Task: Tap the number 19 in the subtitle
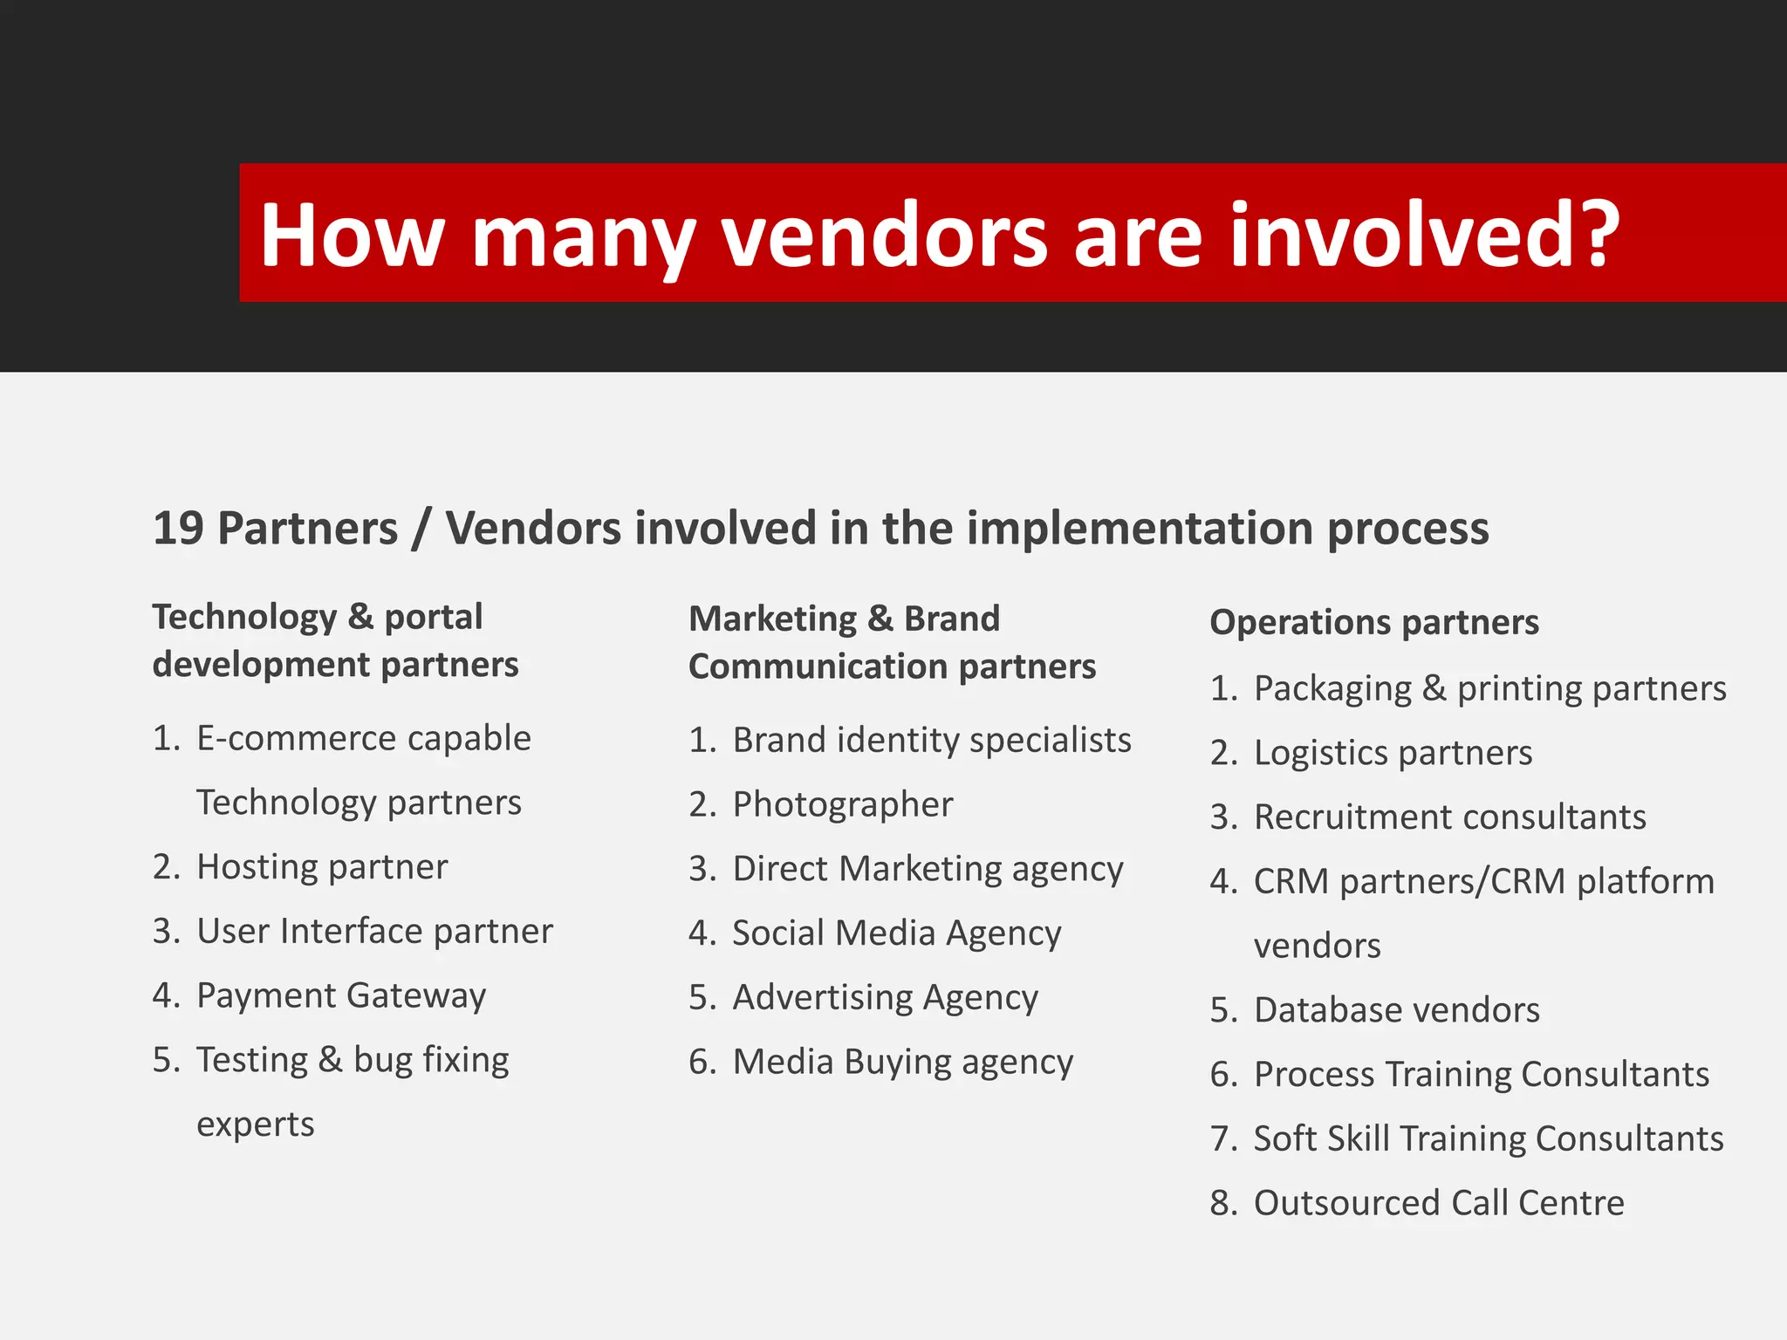coord(178,529)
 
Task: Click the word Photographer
coord(842,804)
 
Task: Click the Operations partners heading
coord(1374,623)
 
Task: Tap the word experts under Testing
coord(255,1125)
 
